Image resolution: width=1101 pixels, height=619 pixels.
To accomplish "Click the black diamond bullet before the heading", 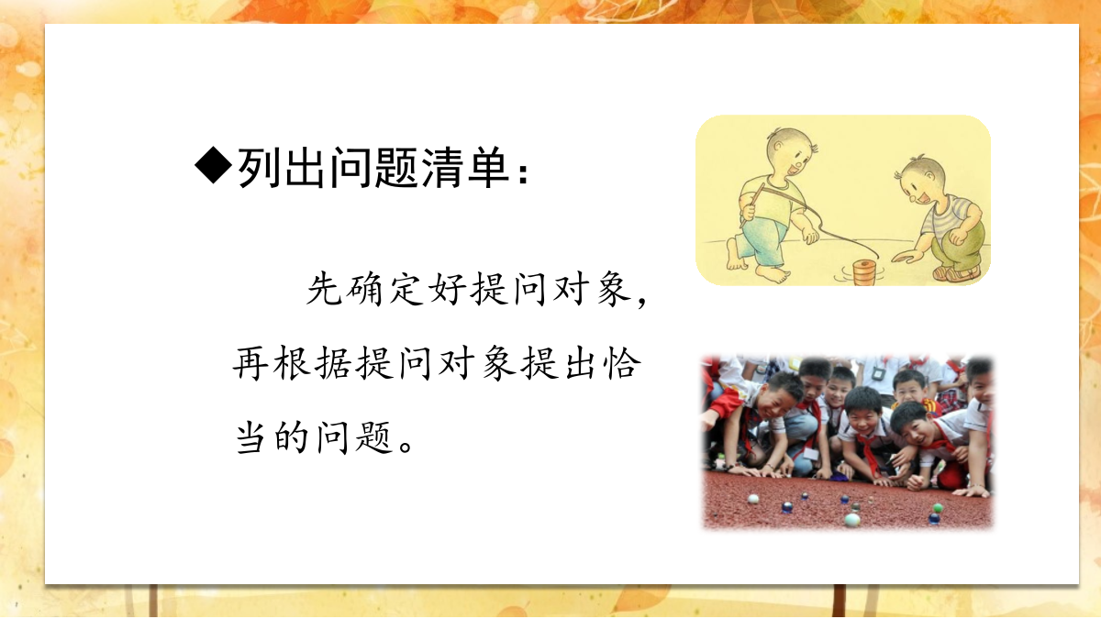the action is coord(213,166).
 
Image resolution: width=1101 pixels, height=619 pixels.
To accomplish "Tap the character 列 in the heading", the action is coord(260,168).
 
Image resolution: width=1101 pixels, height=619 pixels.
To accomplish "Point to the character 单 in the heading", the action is coord(488,168).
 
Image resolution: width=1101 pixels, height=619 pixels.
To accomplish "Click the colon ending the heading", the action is coord(524,173).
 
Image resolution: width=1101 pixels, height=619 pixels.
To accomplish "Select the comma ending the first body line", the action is coord(641,301).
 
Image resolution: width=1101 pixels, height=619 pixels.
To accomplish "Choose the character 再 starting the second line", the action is coord(250,363).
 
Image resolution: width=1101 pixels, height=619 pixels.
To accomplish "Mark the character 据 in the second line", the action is coord(333,363).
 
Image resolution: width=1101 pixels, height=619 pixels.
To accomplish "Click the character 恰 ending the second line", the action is coord(623,363).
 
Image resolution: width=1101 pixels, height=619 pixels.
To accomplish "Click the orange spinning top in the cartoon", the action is coord(863,272).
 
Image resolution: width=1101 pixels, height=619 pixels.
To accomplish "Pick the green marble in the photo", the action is coord(938,508).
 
